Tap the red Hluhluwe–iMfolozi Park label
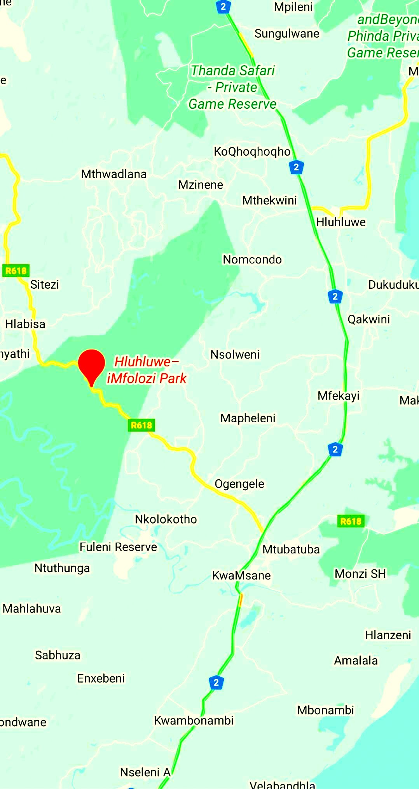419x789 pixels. click(x=147, y=370)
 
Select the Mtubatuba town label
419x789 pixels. click(x=291, y=549)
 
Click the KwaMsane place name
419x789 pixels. click(x=241, y=575)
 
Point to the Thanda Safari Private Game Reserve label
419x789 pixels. click(x=232, y=87)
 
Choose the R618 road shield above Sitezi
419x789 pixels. click(x=16, y=271)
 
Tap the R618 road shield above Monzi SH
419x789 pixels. click(x=351, y=521)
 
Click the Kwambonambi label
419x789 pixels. click(x=194, y=720)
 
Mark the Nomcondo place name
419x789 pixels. click(x=252, y=259)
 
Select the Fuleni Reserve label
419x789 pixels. click(x=118, y=547)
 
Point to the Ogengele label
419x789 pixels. click(x=239, y=484)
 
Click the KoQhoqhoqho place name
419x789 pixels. click(x=252, y=151)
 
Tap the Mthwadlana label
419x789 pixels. click(x=113, y=174)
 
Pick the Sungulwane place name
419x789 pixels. click(x=287, y=34)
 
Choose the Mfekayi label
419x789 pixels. click(x=338, y=395)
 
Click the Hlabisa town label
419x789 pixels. click(x=25, y=324)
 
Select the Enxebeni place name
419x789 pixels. click(x=101, y=678)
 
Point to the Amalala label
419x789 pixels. click(x=356, y=660)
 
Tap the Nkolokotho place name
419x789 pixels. click(x=166, y=519)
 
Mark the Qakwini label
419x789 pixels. click(x=368, y=319)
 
